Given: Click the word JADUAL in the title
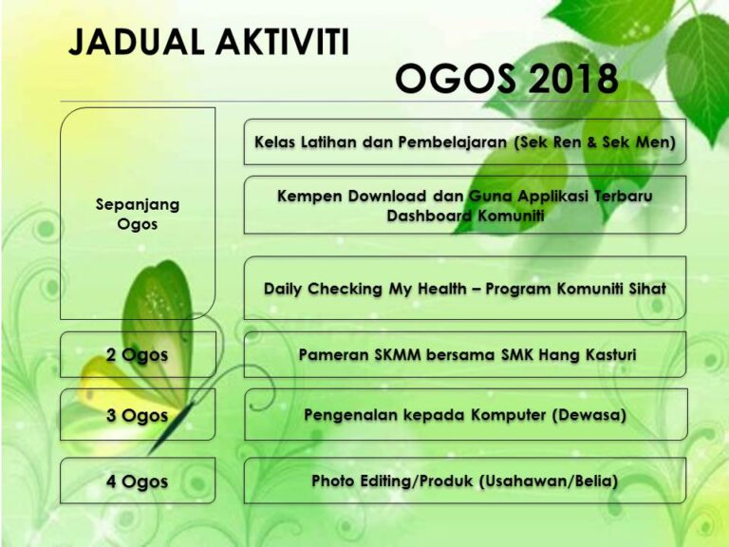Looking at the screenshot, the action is [137, 43].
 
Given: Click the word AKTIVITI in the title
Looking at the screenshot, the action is [282, 43].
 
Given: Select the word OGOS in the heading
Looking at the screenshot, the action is [456, 79].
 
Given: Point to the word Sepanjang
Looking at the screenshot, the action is [138, 205].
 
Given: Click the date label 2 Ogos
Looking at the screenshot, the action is [137, 355].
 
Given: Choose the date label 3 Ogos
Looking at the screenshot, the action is [137, 415].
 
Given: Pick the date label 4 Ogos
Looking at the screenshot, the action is [137, 481].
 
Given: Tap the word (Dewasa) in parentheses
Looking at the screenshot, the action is [589, 415].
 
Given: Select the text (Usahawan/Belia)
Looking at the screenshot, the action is [548, 481].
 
